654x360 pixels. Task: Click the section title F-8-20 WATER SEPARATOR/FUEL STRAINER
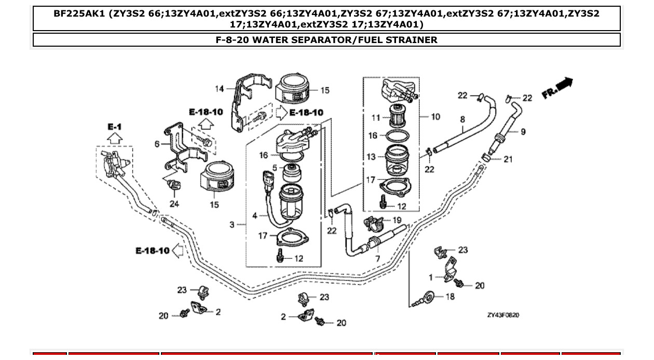326,40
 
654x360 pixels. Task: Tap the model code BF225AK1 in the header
80,13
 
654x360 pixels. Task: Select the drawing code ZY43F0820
503,315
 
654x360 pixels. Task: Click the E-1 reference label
114,127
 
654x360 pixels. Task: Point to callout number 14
220,89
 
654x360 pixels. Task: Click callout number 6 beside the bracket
157,144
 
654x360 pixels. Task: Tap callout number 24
174,204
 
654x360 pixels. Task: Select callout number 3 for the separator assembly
232,225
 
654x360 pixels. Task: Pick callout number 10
435,117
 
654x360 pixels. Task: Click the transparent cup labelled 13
397,159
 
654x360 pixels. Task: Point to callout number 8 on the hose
462,119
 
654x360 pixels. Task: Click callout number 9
523,132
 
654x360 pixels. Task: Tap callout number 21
508,159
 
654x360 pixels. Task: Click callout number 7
377,258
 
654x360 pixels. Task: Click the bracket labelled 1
450,269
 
